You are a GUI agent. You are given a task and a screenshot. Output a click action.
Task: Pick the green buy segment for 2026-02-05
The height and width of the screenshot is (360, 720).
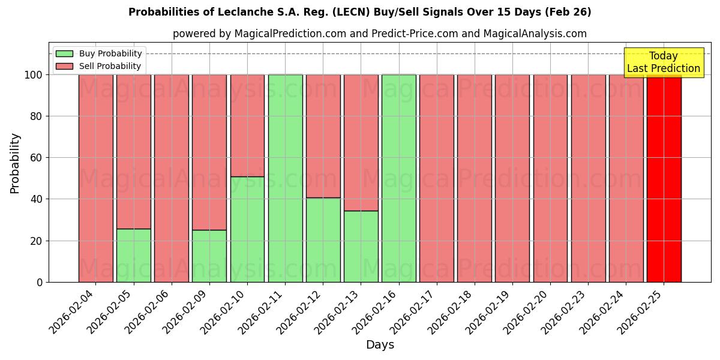tap(133, 255)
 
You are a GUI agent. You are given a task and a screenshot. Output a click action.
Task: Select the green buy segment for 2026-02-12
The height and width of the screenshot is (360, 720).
tap(323, 239)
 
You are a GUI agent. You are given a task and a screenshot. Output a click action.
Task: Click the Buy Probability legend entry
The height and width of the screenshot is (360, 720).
tap(99, 53)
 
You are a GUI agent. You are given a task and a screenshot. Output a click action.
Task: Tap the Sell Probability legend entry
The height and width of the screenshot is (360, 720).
tap(99, 66)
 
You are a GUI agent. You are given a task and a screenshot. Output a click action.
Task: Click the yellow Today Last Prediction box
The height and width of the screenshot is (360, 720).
tap(663, 62)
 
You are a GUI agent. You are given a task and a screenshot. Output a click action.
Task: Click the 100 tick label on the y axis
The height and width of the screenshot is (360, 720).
tap(33, 75)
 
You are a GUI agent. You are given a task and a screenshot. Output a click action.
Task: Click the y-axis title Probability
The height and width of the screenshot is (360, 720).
tap(15, 163)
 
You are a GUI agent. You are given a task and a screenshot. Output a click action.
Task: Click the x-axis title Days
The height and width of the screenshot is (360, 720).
tap(380, 345)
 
